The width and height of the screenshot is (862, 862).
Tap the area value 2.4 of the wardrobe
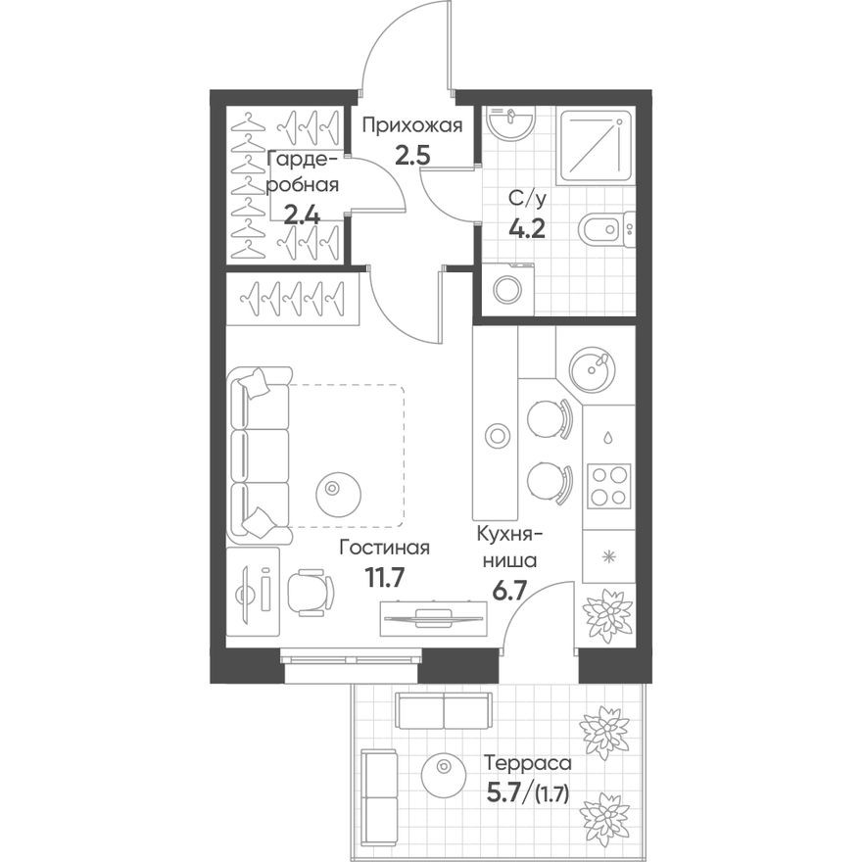(x=302, y=215)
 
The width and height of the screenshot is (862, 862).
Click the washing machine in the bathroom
(x=508, y=289)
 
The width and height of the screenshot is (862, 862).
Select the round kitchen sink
(x=594, y=368)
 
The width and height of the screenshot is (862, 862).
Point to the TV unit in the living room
(x=432, y=617)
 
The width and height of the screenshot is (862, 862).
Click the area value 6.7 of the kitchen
(x=506, y=593)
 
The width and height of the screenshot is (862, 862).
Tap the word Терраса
(x=529, y=761)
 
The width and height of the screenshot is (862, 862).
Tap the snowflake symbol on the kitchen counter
(x=608, y=557)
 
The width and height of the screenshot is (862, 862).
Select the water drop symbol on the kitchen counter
(x=608, y=438)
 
